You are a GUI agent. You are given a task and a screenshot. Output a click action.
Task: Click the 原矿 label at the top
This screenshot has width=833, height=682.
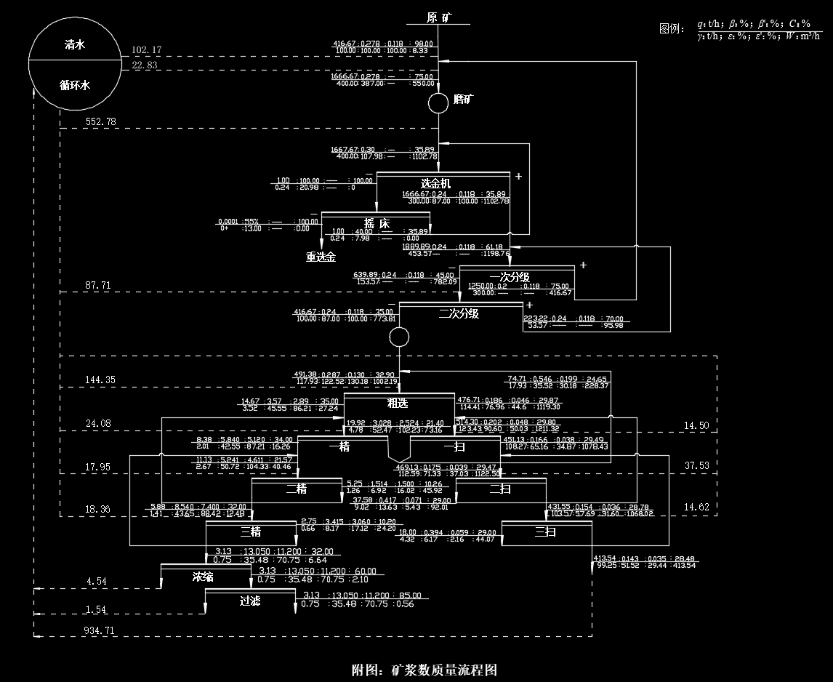tap(440, 17)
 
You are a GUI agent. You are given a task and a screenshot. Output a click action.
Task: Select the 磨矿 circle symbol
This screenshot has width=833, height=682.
tap(438, 103)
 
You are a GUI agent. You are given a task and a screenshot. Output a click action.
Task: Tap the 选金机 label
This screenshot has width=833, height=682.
tap(435, 183)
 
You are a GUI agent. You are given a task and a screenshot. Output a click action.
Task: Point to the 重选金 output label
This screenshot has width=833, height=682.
tap(321, 257)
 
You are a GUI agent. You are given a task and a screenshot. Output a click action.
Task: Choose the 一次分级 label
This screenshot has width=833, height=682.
tap(510, 277)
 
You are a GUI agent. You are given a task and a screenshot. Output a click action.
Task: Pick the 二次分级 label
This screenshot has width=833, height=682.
tap(458, 313)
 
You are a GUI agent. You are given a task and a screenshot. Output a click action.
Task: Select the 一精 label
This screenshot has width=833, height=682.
tap(339, 446)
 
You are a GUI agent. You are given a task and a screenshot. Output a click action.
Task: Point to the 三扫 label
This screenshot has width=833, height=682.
tap(546, 532)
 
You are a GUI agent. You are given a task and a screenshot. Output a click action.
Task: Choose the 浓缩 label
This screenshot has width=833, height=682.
tap(203, 577)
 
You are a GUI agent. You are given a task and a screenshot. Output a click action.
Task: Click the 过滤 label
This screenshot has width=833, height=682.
tap(249, 601)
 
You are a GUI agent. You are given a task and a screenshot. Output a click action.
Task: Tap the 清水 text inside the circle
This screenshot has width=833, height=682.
tap(75, 44)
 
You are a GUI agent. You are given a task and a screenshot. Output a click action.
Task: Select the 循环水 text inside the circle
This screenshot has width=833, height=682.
tap(75, 85)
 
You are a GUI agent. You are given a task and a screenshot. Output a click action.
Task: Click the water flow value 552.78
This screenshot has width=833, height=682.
tap(100, 121)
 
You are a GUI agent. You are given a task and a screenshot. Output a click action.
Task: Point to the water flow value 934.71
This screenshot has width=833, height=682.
tap(100, 630)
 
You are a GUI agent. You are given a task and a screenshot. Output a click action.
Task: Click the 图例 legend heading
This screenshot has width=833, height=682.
tap(672, 28)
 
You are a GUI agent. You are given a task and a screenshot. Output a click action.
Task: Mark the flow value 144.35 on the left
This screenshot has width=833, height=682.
tap(100, 380)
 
